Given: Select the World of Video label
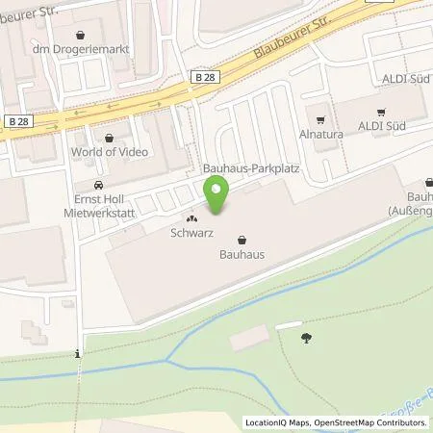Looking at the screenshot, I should pos(107,153).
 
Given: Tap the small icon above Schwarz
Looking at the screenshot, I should pos(191,218).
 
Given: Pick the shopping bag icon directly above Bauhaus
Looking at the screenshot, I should pos(242,241).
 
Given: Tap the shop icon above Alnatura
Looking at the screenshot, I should pos(318,120).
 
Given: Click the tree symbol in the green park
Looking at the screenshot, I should pos(306,337).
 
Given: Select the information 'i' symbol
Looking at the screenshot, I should pos(78,355).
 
